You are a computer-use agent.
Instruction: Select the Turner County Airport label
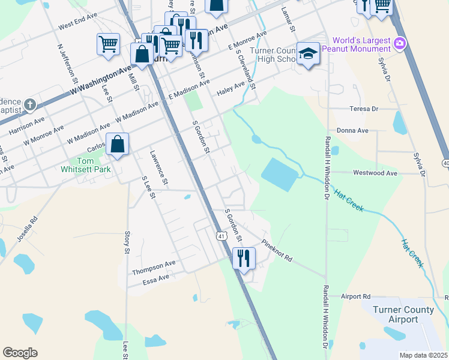coord(403,314)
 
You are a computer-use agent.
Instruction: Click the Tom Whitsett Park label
coord(95,165)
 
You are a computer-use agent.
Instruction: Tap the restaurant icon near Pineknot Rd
coord(243,258)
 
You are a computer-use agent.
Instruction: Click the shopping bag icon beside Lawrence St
coord(118,145)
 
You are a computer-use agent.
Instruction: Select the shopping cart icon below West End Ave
coord(107,44)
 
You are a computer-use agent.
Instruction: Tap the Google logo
coord(20,352)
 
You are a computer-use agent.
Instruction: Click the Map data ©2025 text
coord(423,355)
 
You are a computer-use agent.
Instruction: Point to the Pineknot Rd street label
coord(277,251)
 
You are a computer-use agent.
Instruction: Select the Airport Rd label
coord(355,296)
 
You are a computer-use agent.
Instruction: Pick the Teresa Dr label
coord(364,109)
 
